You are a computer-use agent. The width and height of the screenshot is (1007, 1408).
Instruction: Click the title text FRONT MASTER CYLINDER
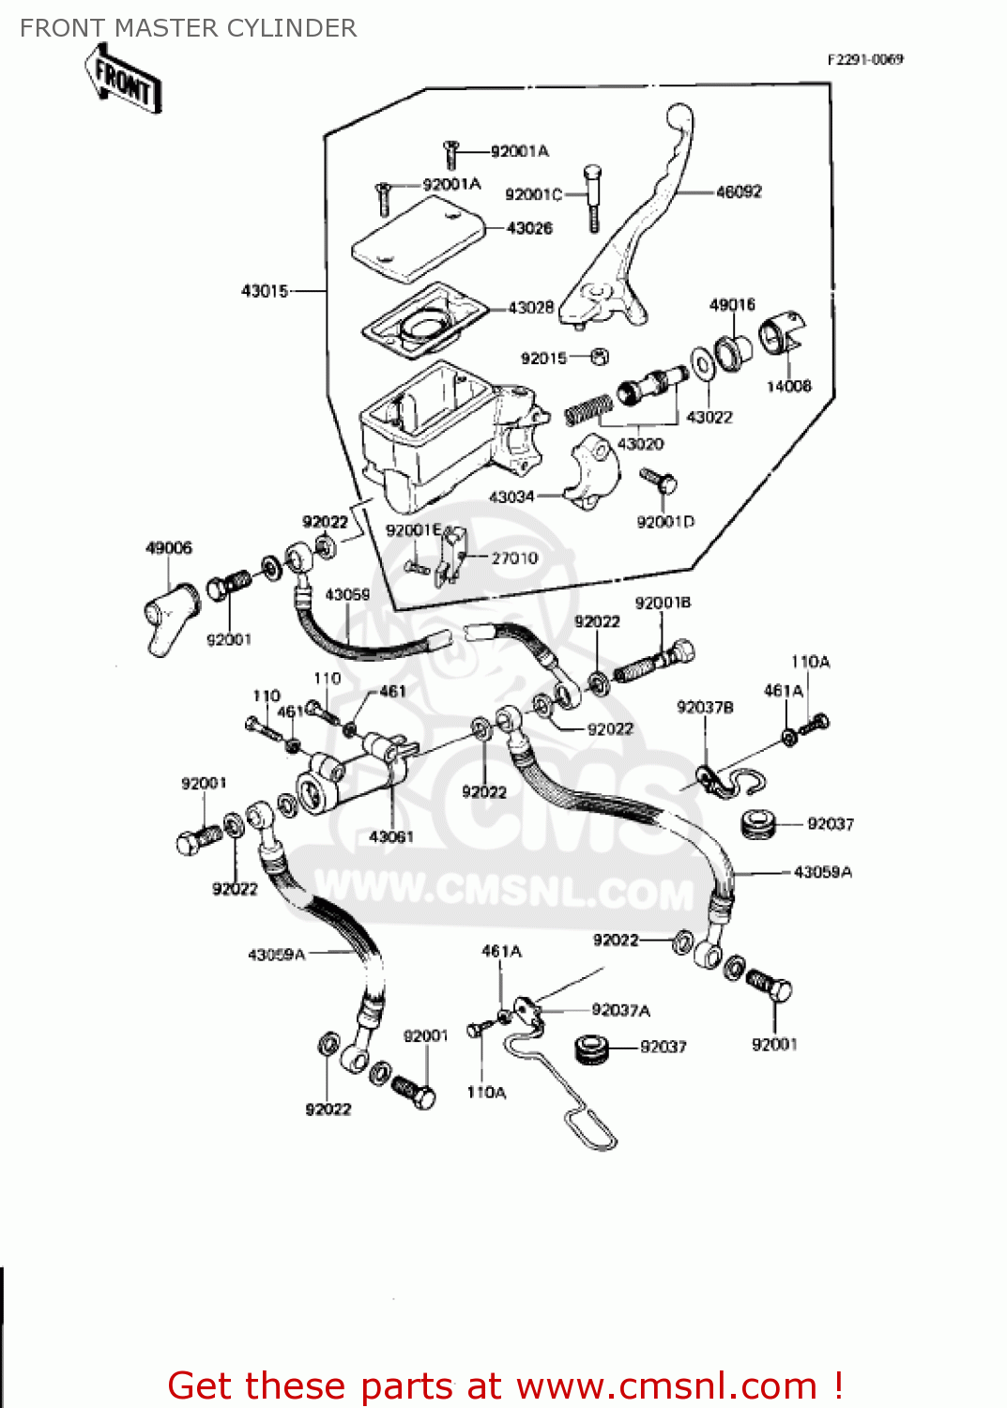coord(188,28)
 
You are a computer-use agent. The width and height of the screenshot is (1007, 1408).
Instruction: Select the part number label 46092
coord(739,191)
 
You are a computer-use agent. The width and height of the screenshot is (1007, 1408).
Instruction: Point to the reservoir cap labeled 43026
coord(417,239)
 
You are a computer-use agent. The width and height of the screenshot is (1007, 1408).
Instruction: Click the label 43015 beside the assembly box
coord(265,291)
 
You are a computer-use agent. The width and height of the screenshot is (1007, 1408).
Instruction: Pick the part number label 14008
coord(788,386)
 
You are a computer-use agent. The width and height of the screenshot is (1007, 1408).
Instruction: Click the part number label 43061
coord(391,836)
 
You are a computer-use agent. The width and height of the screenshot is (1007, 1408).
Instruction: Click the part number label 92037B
coord(705,707)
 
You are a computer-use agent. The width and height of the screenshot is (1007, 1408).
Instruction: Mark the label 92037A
coord(620,1010)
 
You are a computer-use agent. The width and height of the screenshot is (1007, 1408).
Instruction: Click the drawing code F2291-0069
coord(864,59)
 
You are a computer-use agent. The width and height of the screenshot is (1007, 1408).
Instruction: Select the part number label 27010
coord(514,558)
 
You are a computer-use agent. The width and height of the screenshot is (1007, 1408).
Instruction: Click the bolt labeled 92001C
coord(592,197)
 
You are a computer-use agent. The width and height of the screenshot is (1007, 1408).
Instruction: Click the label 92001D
coord(665,522)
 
